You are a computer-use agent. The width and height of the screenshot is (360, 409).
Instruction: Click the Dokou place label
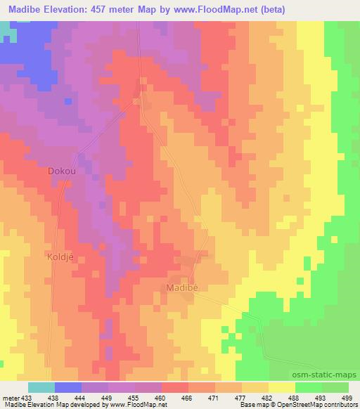(61, 171)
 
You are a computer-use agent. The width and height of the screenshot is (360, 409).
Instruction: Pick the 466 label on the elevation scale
(188, 397)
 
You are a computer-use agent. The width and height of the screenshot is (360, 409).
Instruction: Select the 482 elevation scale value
(264, 397)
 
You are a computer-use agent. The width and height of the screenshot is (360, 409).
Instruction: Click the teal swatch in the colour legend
(41, 387)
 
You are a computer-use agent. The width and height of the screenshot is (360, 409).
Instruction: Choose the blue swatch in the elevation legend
(67, 387)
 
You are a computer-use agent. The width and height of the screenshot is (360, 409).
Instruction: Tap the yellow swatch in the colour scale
(281, 387)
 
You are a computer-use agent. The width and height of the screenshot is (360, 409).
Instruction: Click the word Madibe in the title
(24, 9)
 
